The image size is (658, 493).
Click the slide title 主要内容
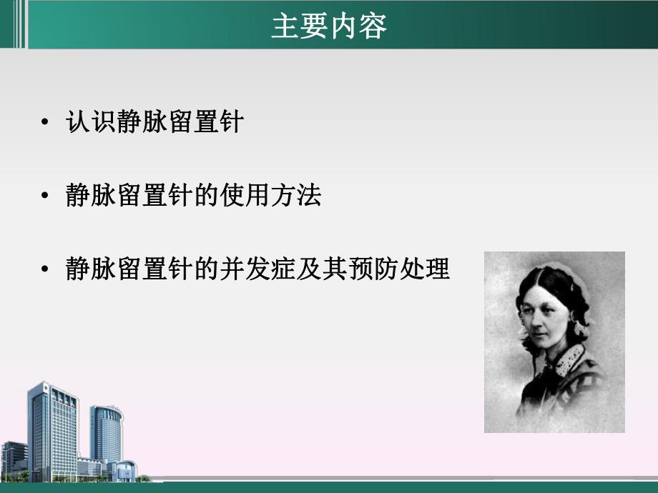click(329, 26)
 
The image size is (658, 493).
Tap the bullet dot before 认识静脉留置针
click(46, 123)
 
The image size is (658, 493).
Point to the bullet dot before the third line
click(46, 270)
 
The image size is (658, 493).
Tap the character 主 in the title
click(285, 26)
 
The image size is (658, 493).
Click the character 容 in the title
click(373, 26)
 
